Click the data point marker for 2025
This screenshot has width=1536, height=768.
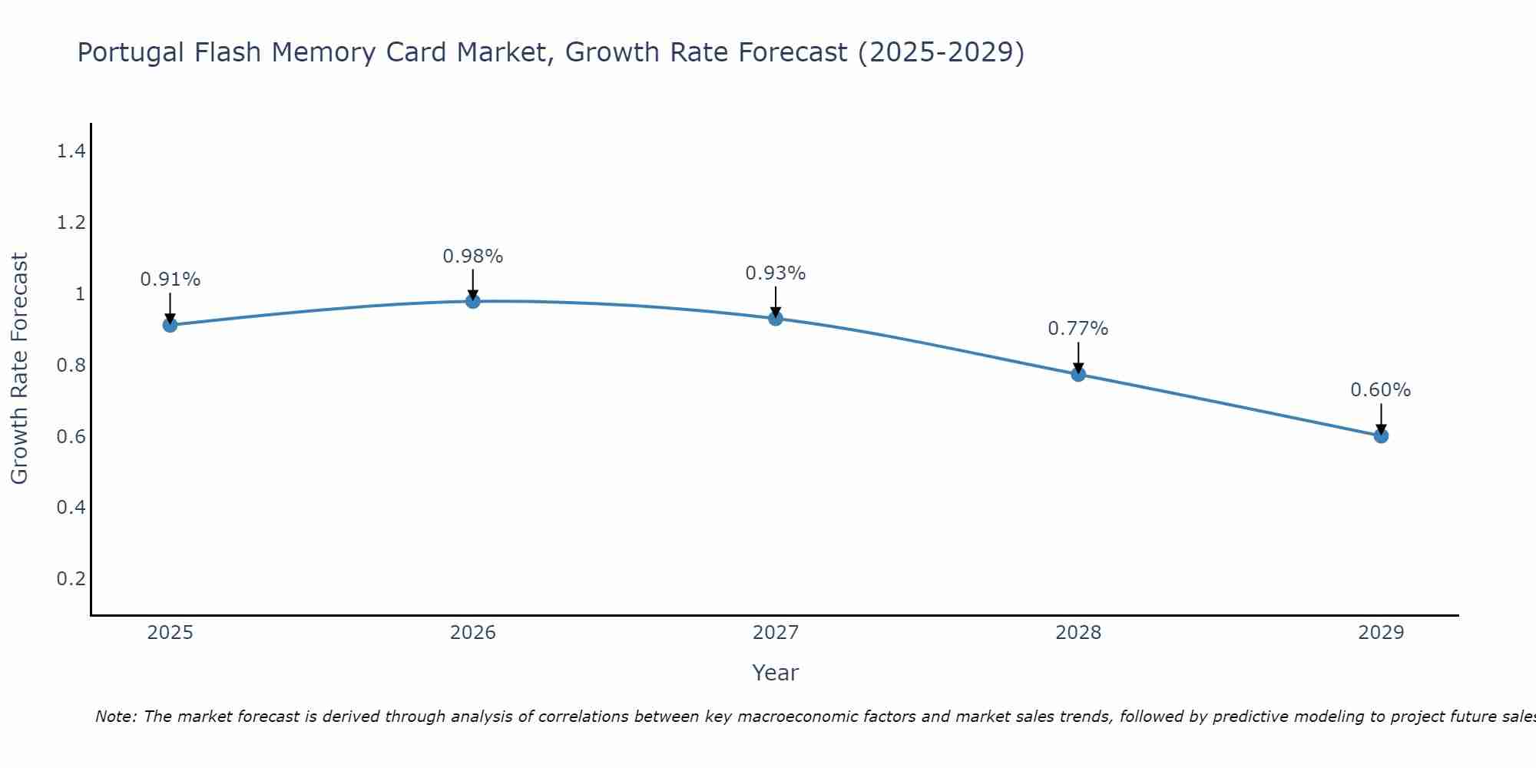coord(170,325)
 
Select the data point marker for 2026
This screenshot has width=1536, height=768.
coord(473,301)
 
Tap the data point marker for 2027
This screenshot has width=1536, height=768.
coord(776,318)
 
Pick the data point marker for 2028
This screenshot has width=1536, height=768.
coord(1078,374)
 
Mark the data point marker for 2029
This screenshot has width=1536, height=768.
coord(1381,435)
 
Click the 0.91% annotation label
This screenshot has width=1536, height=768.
coord(170,280)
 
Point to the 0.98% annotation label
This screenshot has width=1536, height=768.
coord(473,257)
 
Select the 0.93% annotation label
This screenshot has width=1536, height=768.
coord(776,273)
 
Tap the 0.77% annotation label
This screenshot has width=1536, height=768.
coord(1078,329)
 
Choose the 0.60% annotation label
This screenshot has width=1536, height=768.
coord(1381,390)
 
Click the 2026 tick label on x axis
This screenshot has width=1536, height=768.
coord(473,633)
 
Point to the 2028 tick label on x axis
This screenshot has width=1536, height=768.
coord(1078,633)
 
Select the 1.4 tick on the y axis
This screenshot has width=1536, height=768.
coord(71,151)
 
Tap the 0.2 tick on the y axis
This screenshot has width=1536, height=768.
coord(71,578)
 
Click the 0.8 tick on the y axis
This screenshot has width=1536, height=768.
coord(71,365)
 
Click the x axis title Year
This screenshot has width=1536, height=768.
coord(776,673)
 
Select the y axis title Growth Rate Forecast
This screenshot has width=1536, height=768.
coord(19,369)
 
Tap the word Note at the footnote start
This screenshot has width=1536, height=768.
coord(115,717)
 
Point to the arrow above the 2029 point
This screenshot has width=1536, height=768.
coord(1381,419)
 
